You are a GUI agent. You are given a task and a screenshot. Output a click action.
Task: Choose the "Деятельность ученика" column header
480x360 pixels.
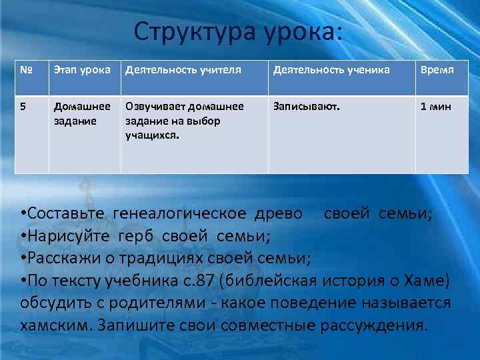332,70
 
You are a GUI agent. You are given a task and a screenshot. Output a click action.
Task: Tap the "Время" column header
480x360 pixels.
437,70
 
